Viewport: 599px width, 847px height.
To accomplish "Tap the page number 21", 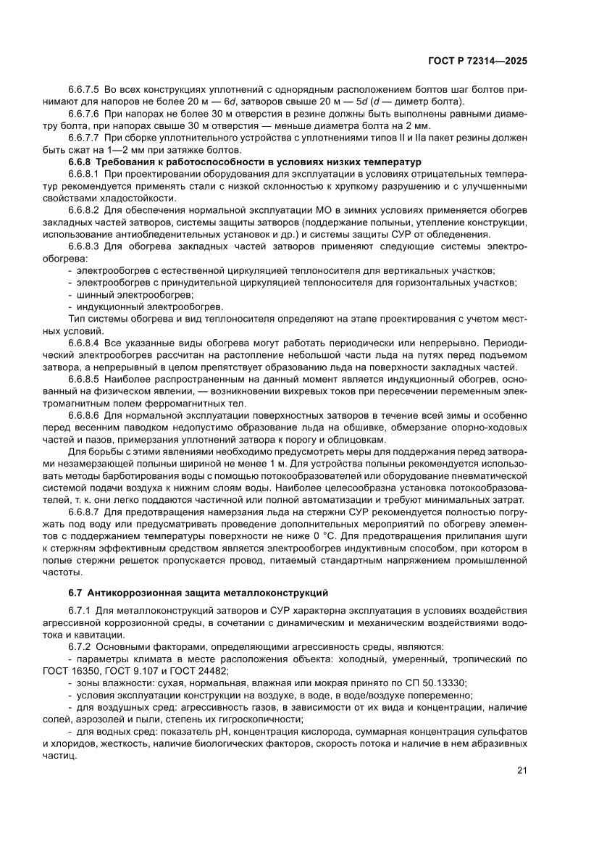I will click(x=521, y=770).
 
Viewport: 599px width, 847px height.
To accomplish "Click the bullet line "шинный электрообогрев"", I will click(x=130, y=295).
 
